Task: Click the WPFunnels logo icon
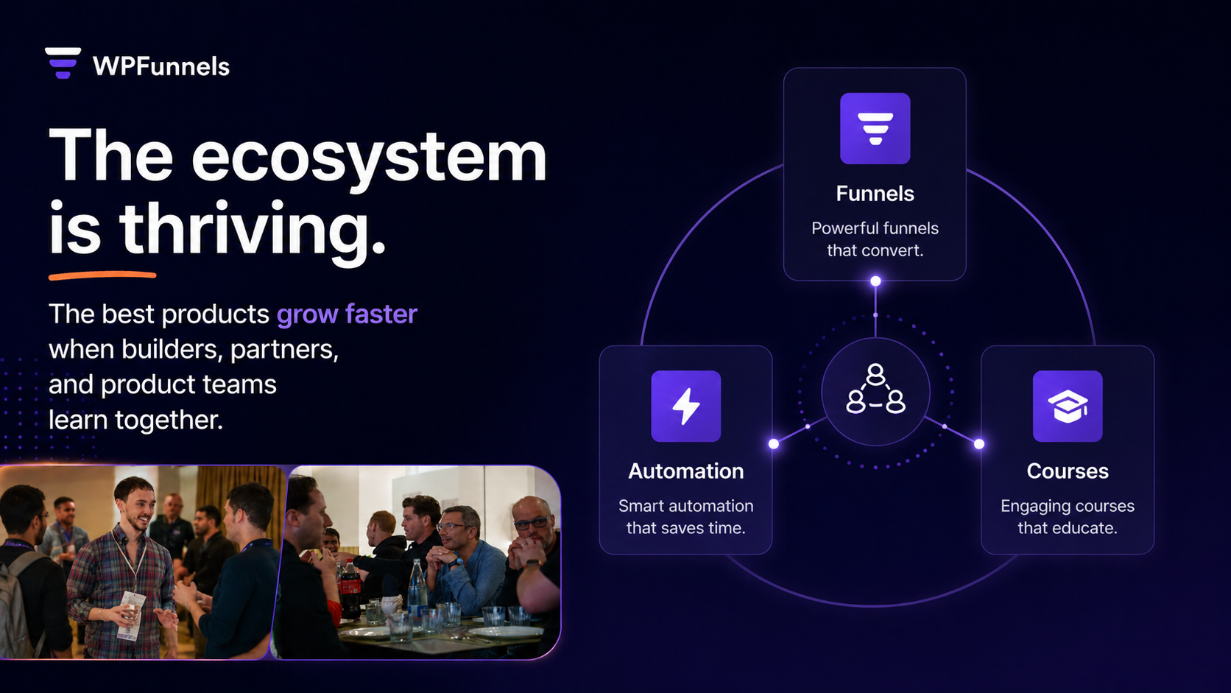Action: tap(63, 63)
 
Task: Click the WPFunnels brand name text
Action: tap(161, 66)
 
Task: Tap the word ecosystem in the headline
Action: tap(369, 156)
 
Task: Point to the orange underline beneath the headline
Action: tap(102, 275)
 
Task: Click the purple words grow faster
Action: tap(347, 314)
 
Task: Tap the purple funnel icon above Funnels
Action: tap(875, 128)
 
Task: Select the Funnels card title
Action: tap(875, 194)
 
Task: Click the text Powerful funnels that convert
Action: tap(875, 239)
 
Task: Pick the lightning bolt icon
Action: tap(685, 406)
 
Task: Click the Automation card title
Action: tap(685, 471)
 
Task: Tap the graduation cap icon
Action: tap(1067, 406)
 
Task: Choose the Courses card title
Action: tap(1067, 471)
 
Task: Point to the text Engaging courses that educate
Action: tap(1067, 517)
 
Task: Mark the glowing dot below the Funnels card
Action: tap(875, 281)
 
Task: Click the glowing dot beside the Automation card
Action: tap(774, 443)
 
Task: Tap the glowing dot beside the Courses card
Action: tap(978, 443)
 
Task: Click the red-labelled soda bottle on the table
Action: tap(350, 589)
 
